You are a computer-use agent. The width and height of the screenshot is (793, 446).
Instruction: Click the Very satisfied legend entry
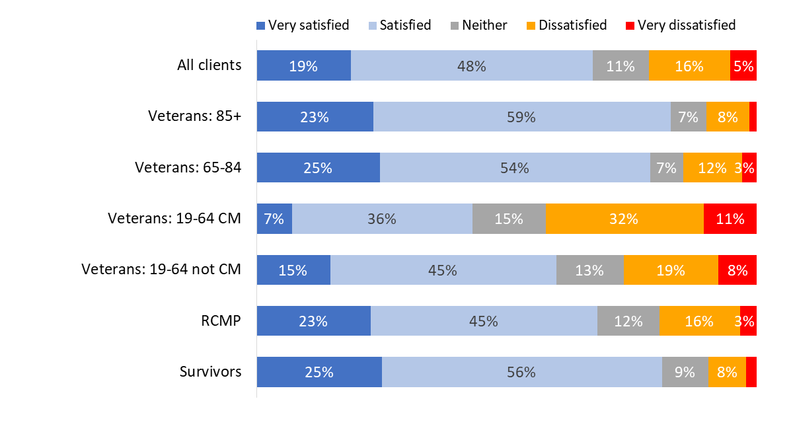(x=303, y=26)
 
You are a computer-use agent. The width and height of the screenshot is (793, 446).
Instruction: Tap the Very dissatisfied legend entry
(x=681, y=26)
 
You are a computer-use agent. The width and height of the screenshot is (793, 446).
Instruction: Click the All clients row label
(x=209, y=65)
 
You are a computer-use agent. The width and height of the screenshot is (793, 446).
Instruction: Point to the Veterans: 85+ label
(x=194, y=116)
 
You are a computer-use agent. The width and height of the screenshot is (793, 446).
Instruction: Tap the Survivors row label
(x=210, y=372)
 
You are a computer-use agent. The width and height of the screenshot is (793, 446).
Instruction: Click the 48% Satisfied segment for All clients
(x=471, y=65)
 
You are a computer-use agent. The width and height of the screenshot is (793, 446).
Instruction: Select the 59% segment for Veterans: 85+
(x=521, y=116)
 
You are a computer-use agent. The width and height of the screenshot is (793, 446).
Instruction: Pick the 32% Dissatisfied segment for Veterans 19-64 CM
(x=624, y=219)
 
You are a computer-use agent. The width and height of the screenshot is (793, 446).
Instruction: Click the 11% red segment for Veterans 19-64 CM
(x=730, y=219)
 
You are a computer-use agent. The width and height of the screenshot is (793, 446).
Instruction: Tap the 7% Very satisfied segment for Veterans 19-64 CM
(x=274, y=219)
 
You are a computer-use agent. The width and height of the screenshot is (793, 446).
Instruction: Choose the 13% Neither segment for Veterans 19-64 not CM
(x=589, y=270)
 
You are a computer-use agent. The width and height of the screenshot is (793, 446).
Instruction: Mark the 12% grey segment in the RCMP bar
(x=628, y=321)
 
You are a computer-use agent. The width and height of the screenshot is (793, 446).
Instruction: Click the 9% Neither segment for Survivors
(x=685, y=372)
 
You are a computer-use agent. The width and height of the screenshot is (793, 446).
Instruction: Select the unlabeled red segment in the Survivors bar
(x=751, y=372)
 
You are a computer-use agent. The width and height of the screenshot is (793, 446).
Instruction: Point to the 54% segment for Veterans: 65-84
(x=515, y=168)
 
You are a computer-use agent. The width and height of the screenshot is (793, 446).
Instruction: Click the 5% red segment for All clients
(x=743, y=65)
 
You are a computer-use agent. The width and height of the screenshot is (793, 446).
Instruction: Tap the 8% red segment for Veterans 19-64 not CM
(x=737, y=270)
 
